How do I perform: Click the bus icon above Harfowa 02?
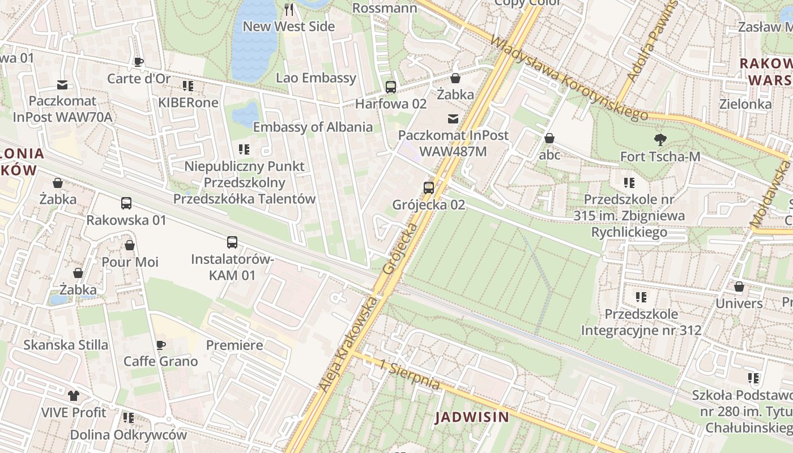(390, 87)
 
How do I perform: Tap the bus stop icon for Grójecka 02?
(429, 187)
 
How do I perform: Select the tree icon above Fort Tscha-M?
(660, 139)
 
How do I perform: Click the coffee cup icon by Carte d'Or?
(139, 62)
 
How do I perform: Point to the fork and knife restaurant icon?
(289, 9)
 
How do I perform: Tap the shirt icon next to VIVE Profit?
(73, 395)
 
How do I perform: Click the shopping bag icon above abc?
(549, 138)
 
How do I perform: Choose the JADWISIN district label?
(472, 418)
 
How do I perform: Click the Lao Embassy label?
(316, 78)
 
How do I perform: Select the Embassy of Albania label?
(313, 127)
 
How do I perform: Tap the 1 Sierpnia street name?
(410, 375)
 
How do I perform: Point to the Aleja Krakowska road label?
(347, 345)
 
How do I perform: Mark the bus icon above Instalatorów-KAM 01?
(232, 242)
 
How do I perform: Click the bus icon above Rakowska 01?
(126, 203)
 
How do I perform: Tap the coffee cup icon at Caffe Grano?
(161, 345)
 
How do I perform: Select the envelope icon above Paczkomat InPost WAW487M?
(453, 119)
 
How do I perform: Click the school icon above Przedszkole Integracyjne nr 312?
(641, 297)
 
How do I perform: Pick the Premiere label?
(235, 345)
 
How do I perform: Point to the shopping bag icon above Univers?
(739, 287)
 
